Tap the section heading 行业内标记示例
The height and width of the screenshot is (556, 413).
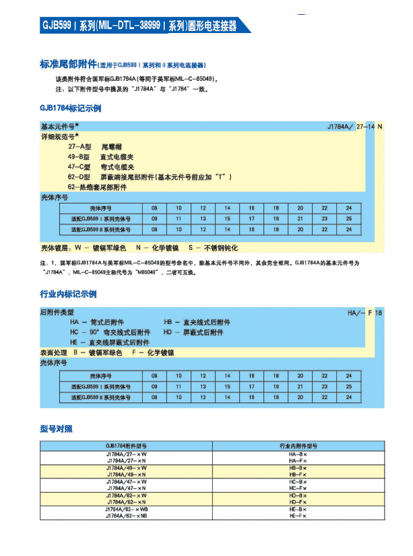click(x=68, y=295)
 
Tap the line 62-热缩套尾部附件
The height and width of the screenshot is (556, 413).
click(x=97, y=187)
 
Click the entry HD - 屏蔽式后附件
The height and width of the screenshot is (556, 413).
click(x=193, y=332)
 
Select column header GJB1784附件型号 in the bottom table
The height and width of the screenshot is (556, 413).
click(x=126, y=446)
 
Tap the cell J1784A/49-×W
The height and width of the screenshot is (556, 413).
click(x=126, y=467)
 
